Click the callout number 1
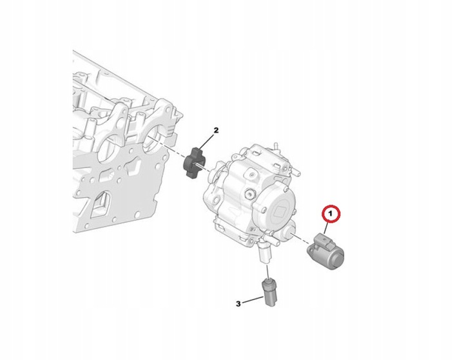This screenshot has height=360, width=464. pos(331,213)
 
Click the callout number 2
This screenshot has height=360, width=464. pos(216,130)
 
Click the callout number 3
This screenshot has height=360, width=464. pos(238,303)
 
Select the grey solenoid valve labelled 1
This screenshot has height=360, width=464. pos(325,251)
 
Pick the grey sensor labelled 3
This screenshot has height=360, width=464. pos(269,292)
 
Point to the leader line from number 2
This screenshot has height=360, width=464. pos(206,142)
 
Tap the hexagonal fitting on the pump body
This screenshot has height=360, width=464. pos(249,194)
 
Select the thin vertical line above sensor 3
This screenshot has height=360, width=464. pos(267,271)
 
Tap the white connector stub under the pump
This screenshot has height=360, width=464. pos(265,254)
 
